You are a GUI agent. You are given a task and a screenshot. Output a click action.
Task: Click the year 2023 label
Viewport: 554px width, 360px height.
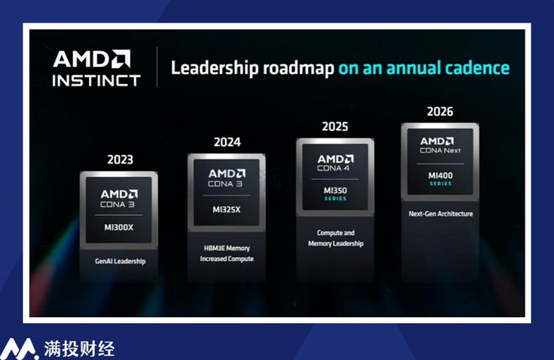tap(120, 159)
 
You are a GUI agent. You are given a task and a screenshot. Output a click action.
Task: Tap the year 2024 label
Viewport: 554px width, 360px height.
tap(227, 142)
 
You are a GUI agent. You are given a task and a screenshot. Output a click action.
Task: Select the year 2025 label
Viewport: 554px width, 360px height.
tap(335, 127)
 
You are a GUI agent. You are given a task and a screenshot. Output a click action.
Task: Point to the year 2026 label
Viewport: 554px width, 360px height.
tap(440, 112)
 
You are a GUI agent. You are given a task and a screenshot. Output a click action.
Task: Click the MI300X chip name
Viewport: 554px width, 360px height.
tap(118, 227)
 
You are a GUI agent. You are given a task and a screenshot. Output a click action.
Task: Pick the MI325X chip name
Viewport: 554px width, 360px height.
tap(227, 210)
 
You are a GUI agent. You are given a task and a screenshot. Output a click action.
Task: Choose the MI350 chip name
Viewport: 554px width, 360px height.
tap(335, 190)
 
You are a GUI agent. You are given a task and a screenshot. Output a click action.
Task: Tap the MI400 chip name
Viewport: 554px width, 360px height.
tap(440, 175)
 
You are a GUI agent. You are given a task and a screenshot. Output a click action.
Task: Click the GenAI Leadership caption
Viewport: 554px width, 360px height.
tap(120, 261)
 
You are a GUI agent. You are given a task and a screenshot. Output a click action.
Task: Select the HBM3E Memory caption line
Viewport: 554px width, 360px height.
tap(227, 248)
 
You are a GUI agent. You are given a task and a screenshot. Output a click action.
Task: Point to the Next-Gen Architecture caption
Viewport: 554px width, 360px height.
tap(441, 214)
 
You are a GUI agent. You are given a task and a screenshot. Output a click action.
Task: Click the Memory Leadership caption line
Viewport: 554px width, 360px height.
tap(336, 243)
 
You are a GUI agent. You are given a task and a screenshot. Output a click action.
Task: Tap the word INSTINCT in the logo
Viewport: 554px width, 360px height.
tap(97, 81)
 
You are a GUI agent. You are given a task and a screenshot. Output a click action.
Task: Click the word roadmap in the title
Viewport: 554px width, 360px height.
tap(298, 68)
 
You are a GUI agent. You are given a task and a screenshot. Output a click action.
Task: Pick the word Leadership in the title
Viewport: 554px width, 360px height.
tap(215, 68)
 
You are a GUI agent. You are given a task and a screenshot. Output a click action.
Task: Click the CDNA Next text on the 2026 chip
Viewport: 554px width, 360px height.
tap(440, 150)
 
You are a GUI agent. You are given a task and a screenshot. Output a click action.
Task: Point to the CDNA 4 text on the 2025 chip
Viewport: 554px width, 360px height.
tap(333, 169)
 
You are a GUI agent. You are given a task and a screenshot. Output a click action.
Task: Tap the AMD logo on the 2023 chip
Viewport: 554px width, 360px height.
tap(119, 194)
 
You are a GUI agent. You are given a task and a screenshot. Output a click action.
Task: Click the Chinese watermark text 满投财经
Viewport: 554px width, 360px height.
tap(79, 349)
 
